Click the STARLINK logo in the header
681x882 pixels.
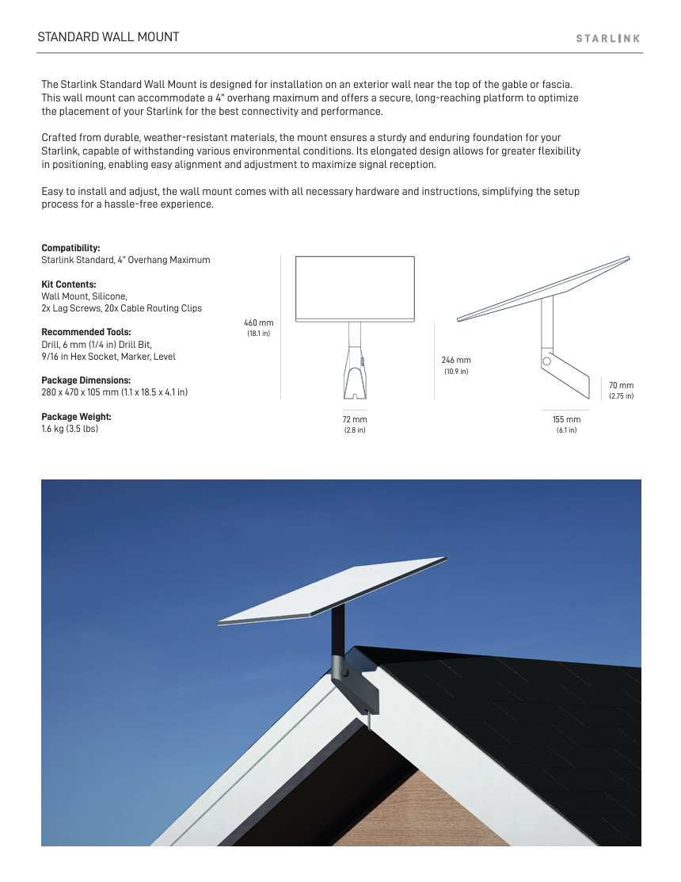point(607,38)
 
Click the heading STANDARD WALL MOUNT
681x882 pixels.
point(108,37)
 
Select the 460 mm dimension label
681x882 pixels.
point(258,323)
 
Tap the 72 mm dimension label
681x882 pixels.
point(354,419)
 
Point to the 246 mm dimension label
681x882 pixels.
point(456,361)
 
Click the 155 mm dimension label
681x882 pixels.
point(566,419)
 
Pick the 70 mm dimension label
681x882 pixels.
point(621,386)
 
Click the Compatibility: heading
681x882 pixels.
point(70,248)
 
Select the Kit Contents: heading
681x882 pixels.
point(69,284)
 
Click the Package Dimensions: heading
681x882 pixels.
point(87,380)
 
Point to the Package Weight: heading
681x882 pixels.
point(76,417)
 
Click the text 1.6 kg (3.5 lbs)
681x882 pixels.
point(70,430)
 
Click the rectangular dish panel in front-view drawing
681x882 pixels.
point(355,288)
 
